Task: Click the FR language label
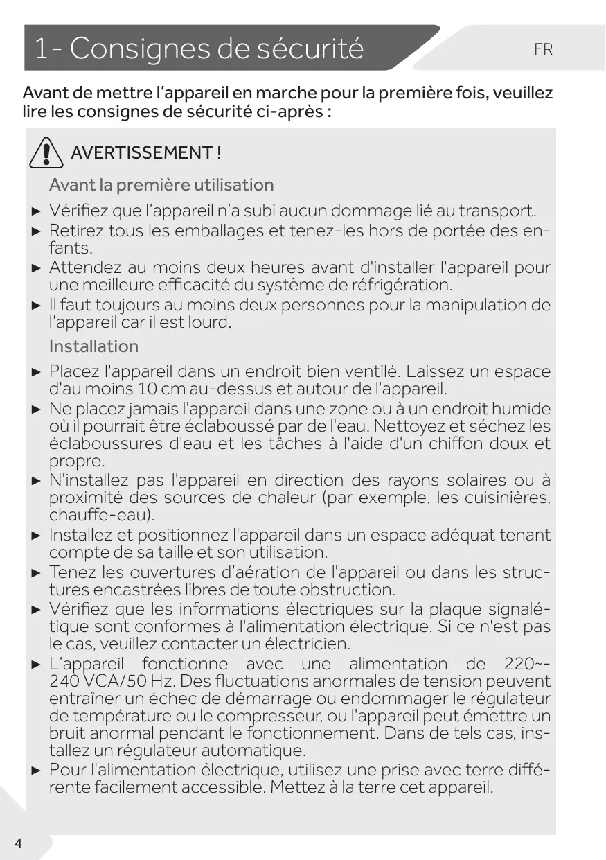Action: pos(543,50)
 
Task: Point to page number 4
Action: pos(17,843)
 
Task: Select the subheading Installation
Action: pos(93,346)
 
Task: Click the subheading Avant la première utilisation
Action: pos(161,185)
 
